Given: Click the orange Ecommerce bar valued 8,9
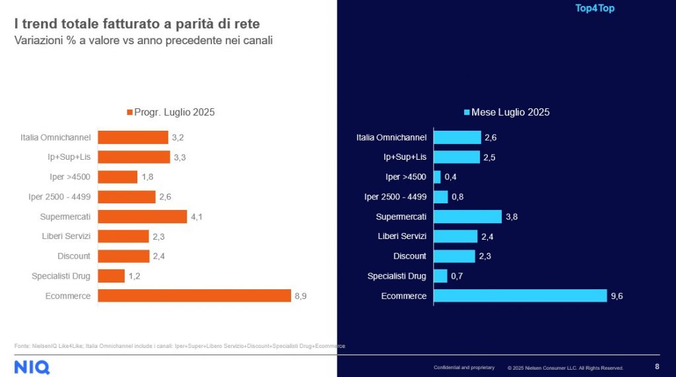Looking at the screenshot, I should (194, 296).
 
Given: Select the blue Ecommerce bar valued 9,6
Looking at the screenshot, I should (520, 296).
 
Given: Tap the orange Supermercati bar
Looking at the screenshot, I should (142, 217).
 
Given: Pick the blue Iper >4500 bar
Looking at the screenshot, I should (437, 177).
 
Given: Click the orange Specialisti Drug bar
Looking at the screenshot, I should (111, 276).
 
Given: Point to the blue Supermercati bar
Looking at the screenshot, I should (467, 217).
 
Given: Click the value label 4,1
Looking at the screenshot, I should (196, 217).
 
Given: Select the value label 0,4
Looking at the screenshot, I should (450, 177).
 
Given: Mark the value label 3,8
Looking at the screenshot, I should (511, 217).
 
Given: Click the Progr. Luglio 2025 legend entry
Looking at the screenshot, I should (170, 112).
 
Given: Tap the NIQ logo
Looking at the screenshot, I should (32, 367).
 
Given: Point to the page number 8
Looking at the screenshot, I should (657, 367).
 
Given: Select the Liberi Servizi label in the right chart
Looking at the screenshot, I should (402, 236).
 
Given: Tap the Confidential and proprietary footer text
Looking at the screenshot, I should (463, 367).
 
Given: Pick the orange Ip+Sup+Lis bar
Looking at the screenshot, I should (134, 157).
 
